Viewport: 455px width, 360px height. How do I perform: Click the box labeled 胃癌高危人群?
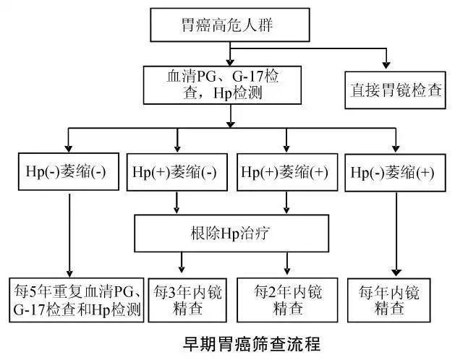[x=228, y=27]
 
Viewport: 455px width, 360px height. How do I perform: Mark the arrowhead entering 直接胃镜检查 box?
[x=386, y=66]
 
